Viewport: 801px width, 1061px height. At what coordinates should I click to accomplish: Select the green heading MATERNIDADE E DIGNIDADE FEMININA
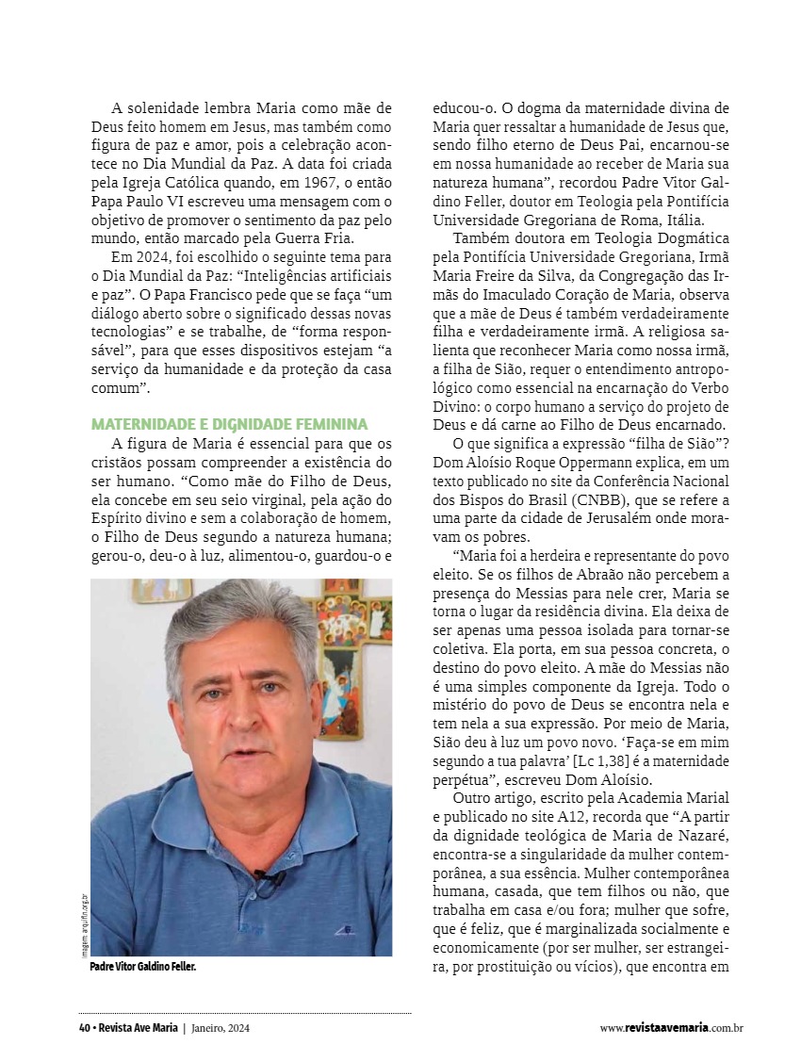click(229, 424)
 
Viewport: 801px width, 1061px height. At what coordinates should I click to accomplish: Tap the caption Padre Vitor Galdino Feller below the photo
click(143, 968)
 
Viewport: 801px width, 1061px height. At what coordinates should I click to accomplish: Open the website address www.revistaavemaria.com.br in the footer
click(671, 1028)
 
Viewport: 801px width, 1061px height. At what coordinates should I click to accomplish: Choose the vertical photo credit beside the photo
click(83, 923)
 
